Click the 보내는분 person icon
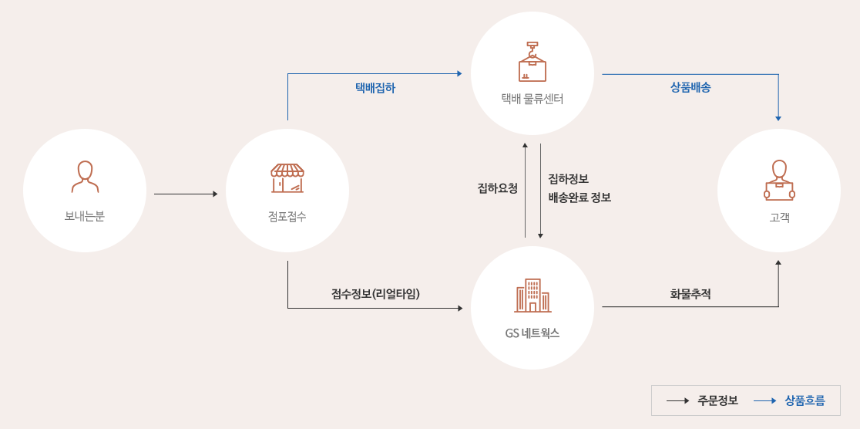85,177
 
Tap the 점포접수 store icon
287,177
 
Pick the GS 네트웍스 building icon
532,296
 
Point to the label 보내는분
85,216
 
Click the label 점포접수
287,216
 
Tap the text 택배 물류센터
532,99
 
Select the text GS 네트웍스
532,333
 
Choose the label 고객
779,218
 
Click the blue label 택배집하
375,88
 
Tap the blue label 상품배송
690,88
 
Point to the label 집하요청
498,188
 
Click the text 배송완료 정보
579,198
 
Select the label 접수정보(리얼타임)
375,294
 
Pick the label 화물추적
690,294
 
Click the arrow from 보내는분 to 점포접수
186,194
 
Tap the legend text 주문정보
717,400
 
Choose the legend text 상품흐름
805,400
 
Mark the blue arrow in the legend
764,400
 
